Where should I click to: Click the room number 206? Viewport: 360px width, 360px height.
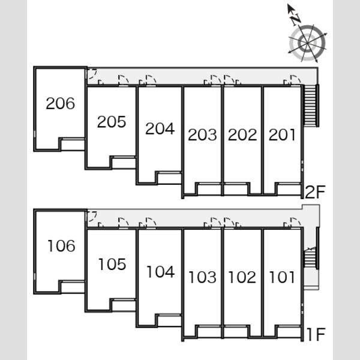(61, 103)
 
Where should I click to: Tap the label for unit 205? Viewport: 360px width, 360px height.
(112, 122)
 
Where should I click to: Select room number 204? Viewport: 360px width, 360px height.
(160, 128)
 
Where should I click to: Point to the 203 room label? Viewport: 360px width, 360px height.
(202, 135)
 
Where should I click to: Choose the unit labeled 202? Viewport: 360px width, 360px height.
(242, 135)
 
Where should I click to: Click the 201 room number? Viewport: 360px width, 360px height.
(282, 135)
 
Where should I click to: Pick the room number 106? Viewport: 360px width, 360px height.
(61, 246)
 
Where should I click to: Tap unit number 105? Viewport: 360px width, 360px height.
(112, 264)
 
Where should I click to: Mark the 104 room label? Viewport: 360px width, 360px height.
(161, 272)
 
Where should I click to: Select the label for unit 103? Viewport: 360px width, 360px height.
(203, 277)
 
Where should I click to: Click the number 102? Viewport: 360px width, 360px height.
(242, 277)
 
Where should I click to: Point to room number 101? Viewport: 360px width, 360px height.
(282, 277)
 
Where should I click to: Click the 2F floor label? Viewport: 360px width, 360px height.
(315, 192)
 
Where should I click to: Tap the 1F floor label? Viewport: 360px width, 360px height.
(316, 335)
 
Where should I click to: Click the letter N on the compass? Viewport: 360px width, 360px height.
(296, 19)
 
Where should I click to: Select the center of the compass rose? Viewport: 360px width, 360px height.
(307, 43)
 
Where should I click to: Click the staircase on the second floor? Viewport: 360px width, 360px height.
(311, 106)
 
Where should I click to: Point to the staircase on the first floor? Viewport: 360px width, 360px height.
(311, 258)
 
